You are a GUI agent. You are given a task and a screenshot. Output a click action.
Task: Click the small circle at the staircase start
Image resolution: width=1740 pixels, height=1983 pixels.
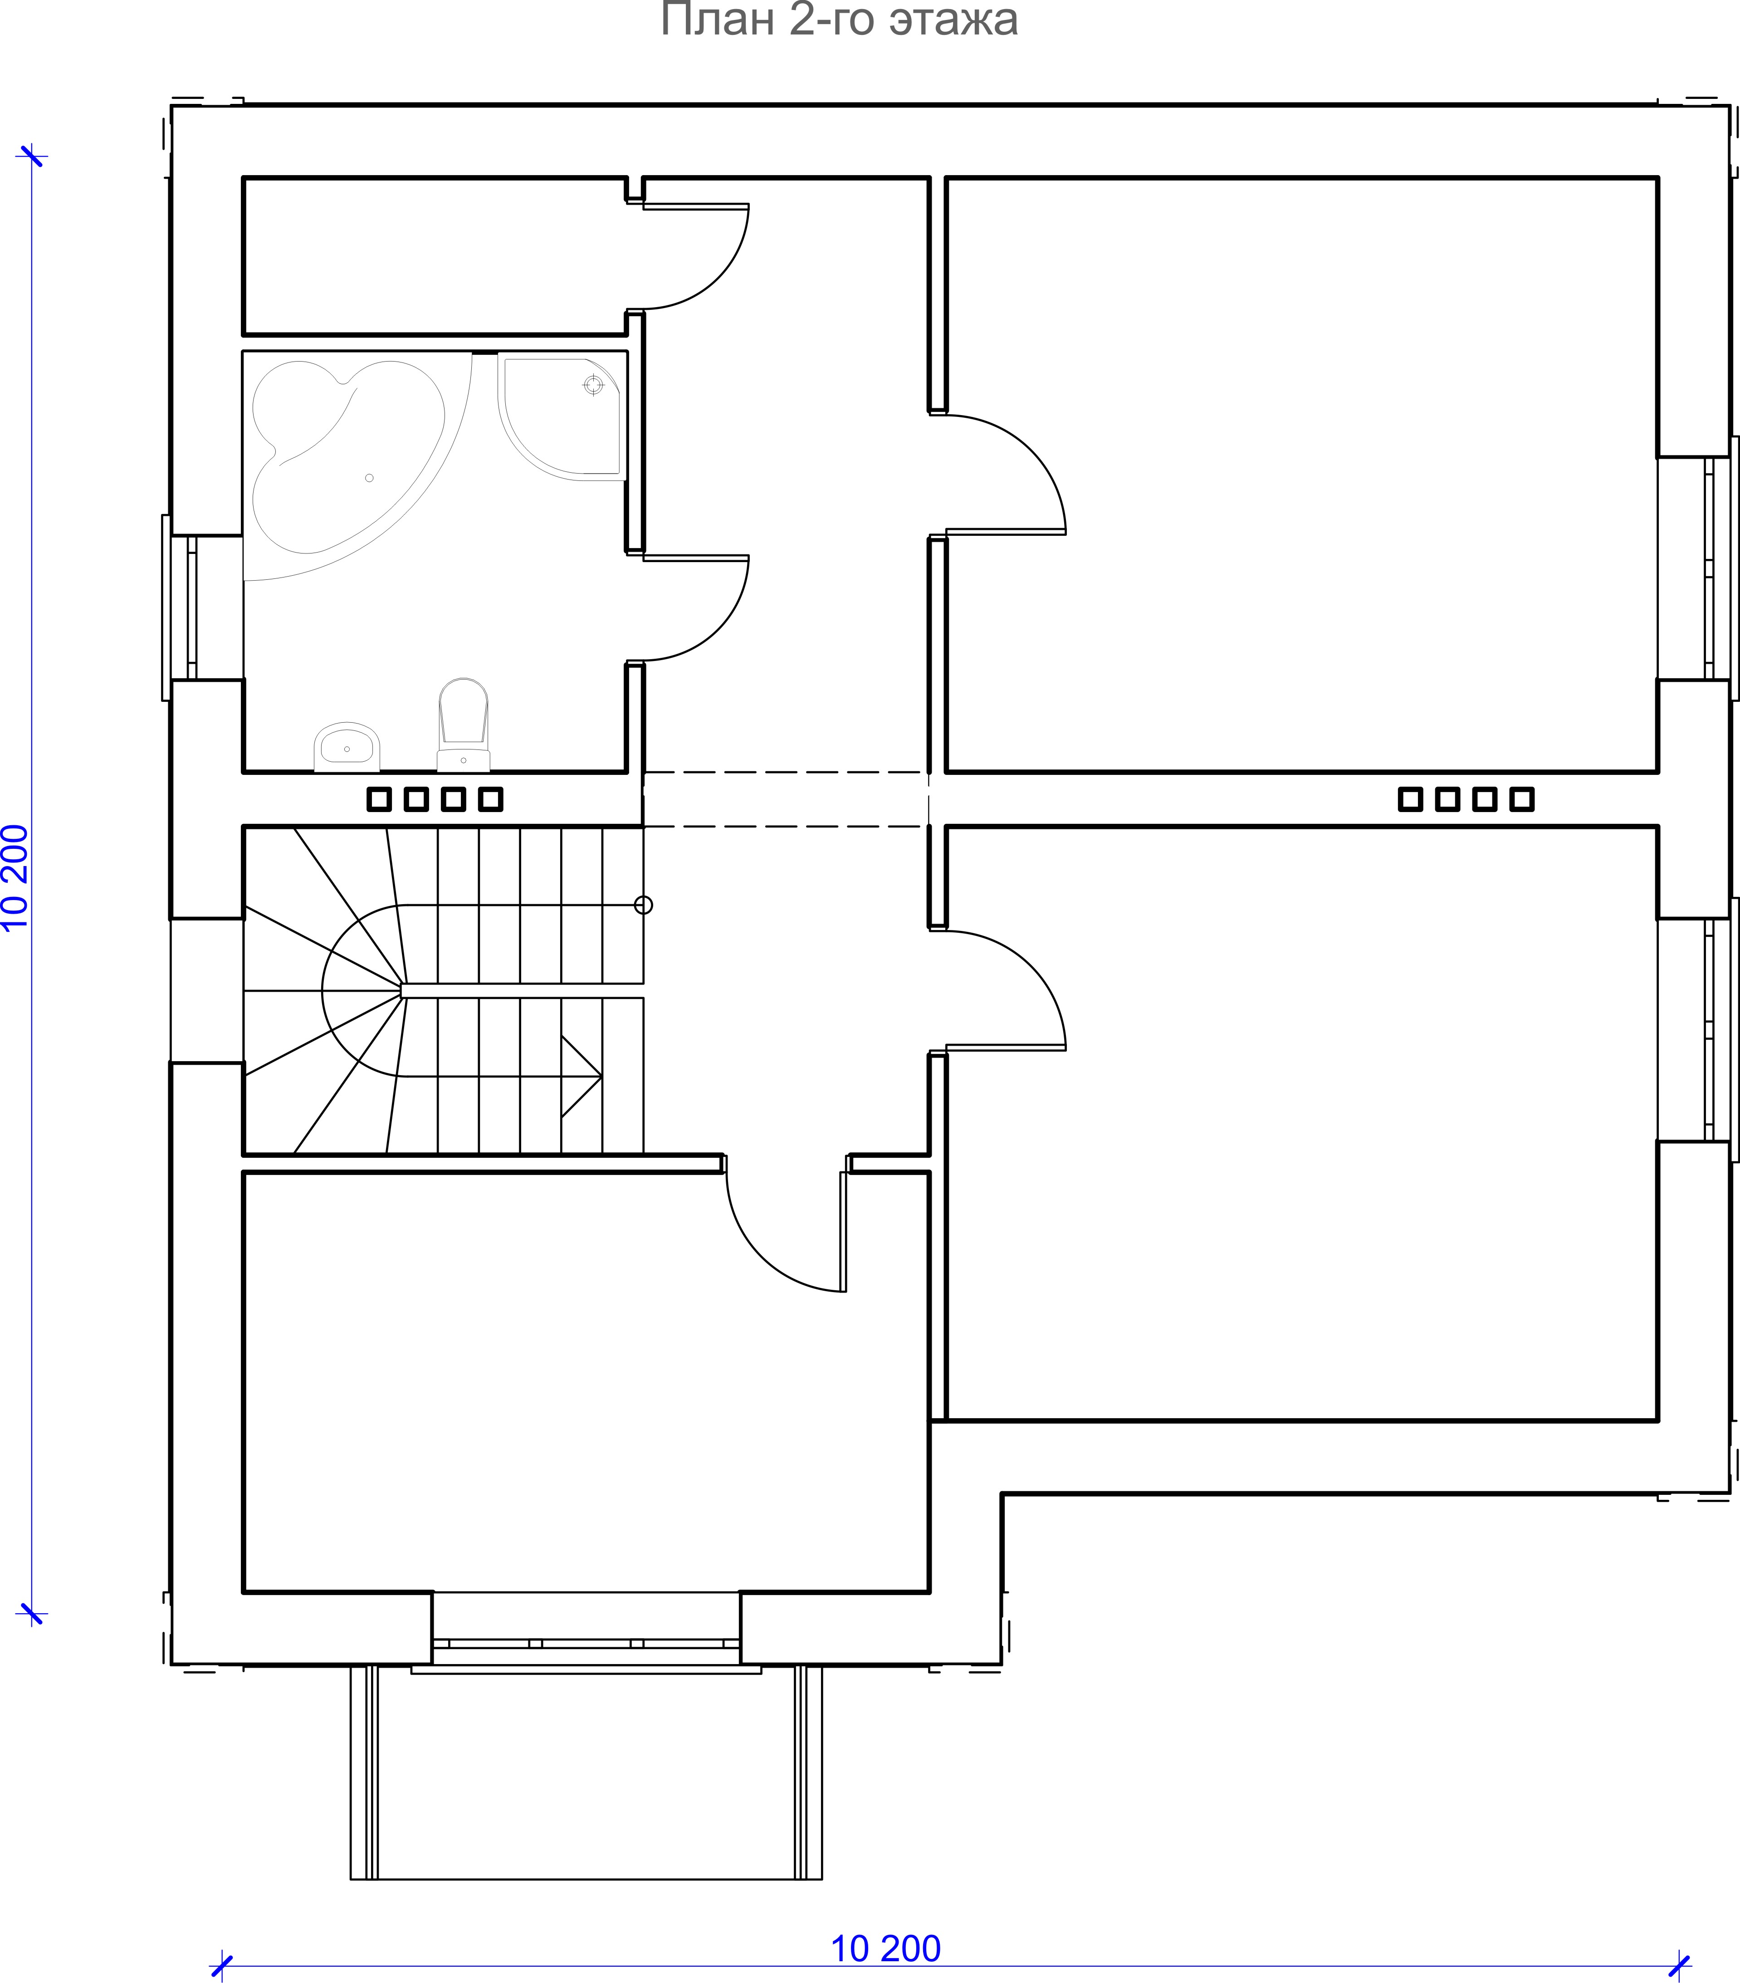point(643,905)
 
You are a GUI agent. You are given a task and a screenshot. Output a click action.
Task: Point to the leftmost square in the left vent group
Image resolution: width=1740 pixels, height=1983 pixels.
point(379,799)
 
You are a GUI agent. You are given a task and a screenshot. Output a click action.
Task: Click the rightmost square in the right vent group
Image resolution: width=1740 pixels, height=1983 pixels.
point(1522,799)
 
